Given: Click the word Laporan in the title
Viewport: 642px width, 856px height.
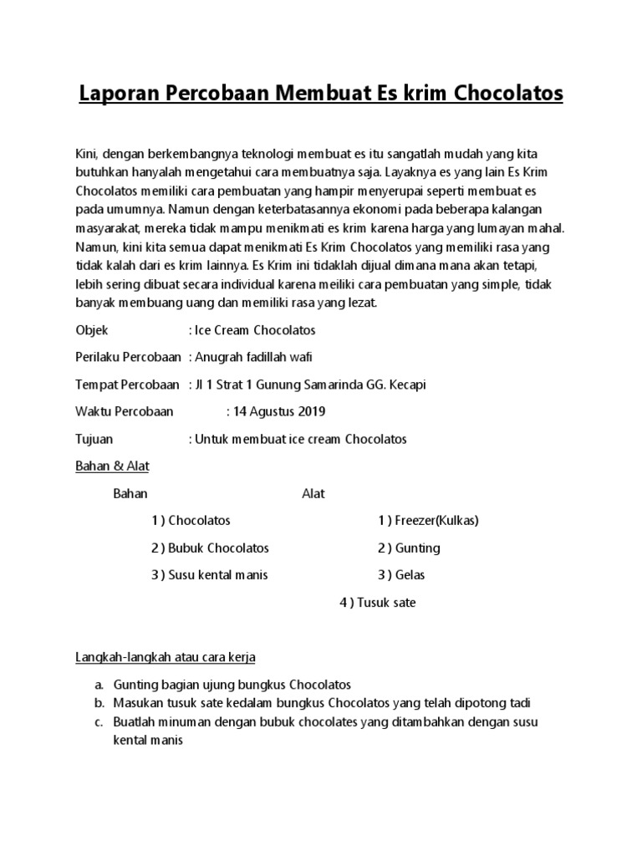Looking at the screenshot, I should [116, 93].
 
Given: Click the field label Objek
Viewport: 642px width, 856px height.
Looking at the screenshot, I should [92, 331].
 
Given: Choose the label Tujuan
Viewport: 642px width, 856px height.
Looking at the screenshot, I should [94, 438].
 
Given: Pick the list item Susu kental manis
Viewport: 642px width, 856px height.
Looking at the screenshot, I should [218, 575].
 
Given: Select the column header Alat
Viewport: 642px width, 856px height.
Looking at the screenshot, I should [313, 493].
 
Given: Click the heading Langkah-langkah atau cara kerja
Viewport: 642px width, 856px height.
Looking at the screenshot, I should [171, 658].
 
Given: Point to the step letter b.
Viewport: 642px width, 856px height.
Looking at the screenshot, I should [99, 702].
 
